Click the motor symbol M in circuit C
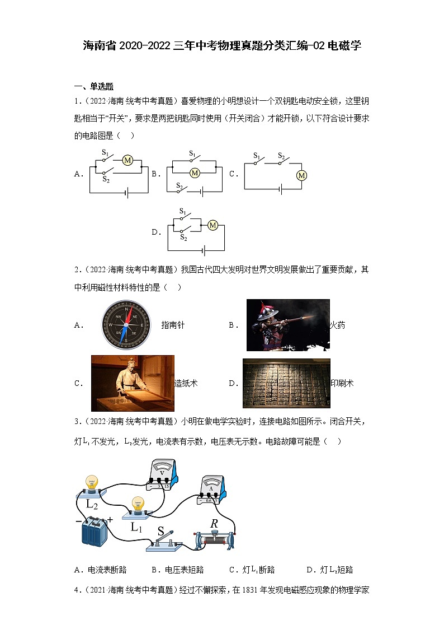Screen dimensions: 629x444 click(x=302, y=175)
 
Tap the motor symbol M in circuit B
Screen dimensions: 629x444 click(x=195, y=173)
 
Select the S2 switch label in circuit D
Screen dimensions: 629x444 click(x=183, y=237)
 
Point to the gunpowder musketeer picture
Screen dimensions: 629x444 click(x=288, y=325)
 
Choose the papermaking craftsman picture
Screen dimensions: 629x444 click(x=133, y=383)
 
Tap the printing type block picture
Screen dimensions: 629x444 click(x=286, y=383)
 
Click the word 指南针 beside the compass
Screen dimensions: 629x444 click(x=173, y=325)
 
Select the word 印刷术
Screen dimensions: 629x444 click(x=342, y=383)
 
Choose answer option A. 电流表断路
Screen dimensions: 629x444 click(x=101, y=570)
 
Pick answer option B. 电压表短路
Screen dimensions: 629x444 click(x=178, y=570)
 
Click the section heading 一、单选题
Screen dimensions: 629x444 click(x=94, y=86)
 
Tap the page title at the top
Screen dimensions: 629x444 click(x=222, y=46)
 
